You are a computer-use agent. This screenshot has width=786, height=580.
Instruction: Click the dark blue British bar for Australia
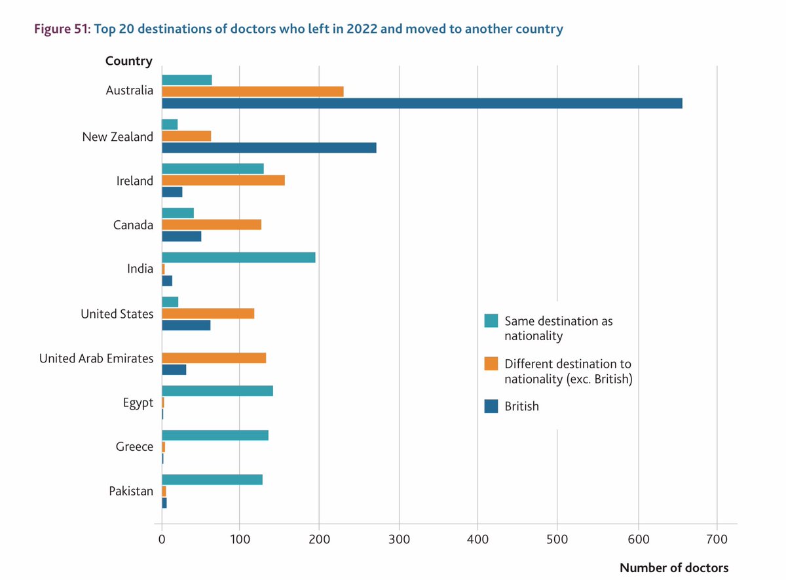(x=422, y=103)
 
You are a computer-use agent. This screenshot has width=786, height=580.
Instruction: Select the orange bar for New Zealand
(x=187, y=136)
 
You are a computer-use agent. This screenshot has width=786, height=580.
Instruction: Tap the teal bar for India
(x=238, y=258)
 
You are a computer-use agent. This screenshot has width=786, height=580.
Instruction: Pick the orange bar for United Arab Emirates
(x=214, y=358)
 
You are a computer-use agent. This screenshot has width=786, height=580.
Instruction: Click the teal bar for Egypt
(x=217, y=391)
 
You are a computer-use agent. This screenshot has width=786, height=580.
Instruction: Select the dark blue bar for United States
(x=186, y=325)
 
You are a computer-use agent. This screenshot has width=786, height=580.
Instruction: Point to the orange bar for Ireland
(x=223, y=180)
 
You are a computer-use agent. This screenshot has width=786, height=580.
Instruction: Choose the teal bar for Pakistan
(x=212, y=480)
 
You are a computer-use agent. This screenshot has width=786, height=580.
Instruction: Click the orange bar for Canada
(x=212, y=225)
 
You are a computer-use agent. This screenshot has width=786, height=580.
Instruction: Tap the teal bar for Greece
(x=215, y=435)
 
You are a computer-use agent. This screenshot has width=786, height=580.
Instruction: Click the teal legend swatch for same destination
(x=491, y=321)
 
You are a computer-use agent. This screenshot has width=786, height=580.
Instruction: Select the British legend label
(x=521, y=406)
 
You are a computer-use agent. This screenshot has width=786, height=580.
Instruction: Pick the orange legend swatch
(x=491, y=364)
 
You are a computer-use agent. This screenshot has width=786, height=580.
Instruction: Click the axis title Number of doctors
(x=673, y=568)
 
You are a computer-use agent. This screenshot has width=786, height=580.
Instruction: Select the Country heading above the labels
(x=128, y=61)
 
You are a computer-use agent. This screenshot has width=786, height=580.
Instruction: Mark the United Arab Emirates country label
(x=96, y=358)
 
